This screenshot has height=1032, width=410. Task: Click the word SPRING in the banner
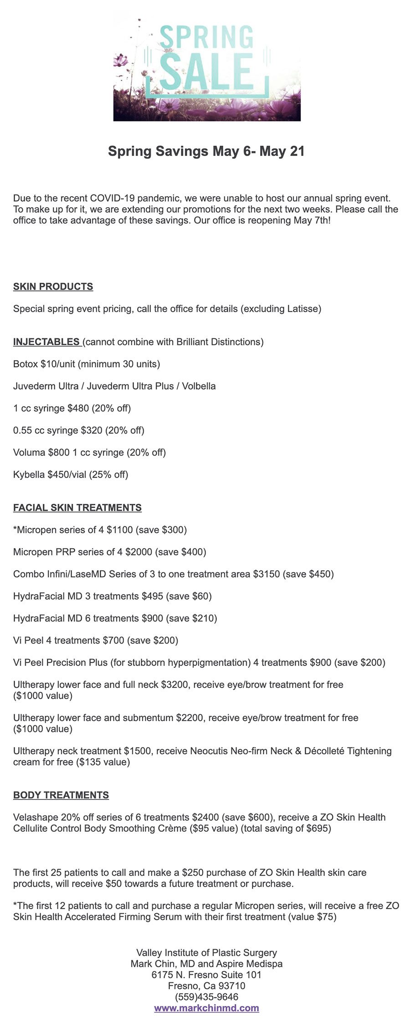pyautogui.click(x=206, y=38)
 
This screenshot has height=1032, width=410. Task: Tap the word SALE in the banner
pyautogui.click(x=206, y=71)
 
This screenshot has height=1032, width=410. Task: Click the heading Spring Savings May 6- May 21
pyautogui.click(x=206, y=152)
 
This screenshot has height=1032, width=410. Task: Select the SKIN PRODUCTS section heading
pyautogui.click(x=53, y=287)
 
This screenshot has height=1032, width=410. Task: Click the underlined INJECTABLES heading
pyautogui.click(x=46, y=342)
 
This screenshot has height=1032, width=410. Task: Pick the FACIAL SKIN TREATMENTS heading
pyautogui.click(x=77, y=508)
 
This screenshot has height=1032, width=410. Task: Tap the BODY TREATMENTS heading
pyautogui.click(x=61, y=795)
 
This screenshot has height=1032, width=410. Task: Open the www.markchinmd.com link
pyautogui.click(x=206, y=1008)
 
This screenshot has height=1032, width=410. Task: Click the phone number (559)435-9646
pyautogui.click(x=206, y=997)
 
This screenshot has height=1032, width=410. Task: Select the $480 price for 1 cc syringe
pyautogui.click(x=78, y=408)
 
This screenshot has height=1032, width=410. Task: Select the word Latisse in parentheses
pyautogui.click(x=302, y=309)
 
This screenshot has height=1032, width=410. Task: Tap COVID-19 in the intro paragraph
pyautogui.click(x=112, y=198)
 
